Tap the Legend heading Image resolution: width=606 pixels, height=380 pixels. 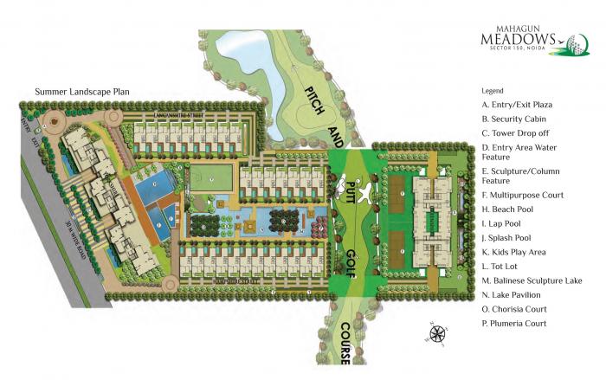click(493, 90)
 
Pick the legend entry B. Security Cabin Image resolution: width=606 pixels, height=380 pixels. click(515, 119)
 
